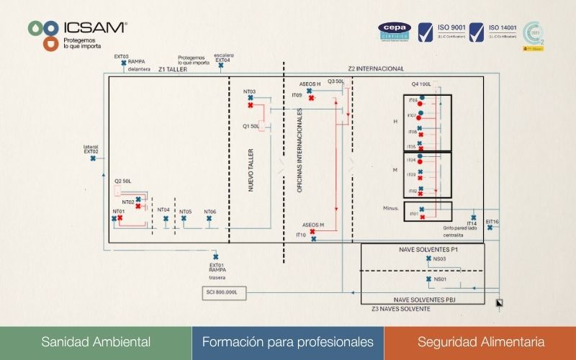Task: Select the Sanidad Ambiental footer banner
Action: (96, 342)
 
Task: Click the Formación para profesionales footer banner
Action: (288, 342)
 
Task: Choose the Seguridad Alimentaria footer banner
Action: (480, 342)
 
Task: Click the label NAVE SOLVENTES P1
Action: (423, 248)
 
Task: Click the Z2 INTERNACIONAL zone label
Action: (375, 68)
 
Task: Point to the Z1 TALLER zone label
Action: (174, 71)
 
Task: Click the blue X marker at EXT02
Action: (93, 158)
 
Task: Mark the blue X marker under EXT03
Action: (124, 64)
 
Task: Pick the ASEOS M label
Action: (313, 225)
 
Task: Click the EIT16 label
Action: (492, 221)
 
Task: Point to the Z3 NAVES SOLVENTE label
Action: (401, 308)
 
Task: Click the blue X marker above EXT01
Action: (215, 256)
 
